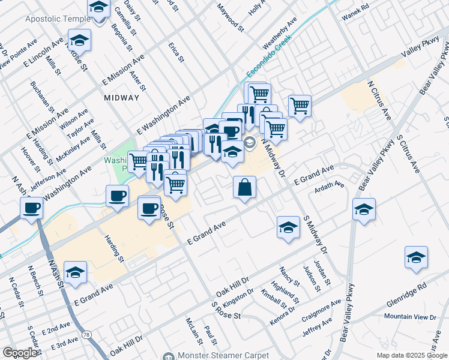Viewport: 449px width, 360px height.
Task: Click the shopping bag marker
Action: point(245,188)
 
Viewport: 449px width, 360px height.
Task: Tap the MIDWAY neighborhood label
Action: point(121,98)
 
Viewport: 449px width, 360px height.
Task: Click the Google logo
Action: point(20,353)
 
